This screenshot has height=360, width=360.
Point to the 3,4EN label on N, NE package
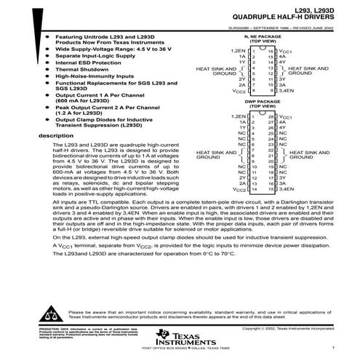click(x=285, y=91)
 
